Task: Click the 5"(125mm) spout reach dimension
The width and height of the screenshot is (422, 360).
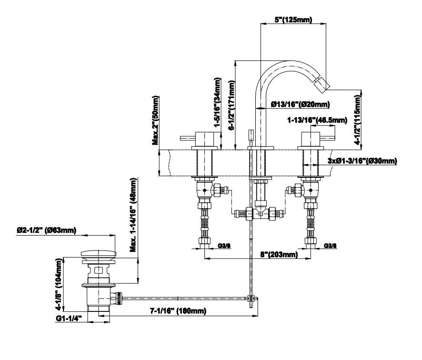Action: [293, 20]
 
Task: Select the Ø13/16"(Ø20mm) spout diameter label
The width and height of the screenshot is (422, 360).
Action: [301, 104]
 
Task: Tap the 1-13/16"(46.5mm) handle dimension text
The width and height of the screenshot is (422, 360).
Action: [317, 120]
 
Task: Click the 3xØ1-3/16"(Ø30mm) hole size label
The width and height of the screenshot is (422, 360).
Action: [362, 161]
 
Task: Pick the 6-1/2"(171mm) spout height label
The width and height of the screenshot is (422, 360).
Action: [232, 105]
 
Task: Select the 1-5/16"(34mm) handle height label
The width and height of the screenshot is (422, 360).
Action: [217, 102]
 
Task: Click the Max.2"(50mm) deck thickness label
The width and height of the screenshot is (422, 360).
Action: [156, 120]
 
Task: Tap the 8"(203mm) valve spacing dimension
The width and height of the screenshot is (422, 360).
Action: [279, 254]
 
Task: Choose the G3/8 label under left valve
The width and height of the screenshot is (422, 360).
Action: [224, 245]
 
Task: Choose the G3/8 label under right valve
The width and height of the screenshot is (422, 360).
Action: [330, 245]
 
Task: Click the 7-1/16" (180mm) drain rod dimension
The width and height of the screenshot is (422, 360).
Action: [178, 311]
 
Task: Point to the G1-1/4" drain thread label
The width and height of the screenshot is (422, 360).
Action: [69, 318]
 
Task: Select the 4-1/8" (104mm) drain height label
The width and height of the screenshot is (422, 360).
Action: [59, 285]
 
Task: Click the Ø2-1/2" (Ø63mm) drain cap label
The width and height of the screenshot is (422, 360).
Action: [46, 230]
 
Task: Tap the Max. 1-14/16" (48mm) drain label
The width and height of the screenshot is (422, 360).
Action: [133, 215]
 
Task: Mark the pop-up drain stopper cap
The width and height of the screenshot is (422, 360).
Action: [99, 253]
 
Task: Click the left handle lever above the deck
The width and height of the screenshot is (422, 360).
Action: [188, 138]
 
